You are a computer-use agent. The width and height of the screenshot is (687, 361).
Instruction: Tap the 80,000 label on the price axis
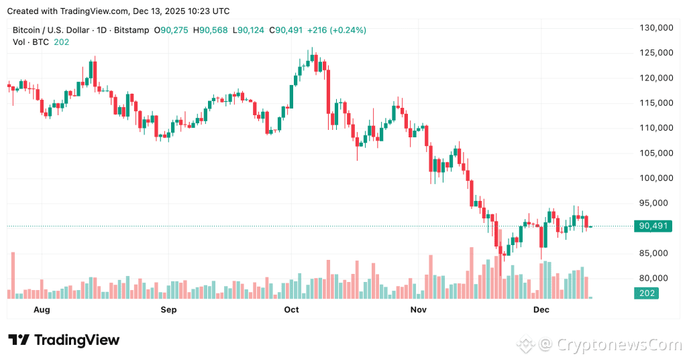click(656, 278)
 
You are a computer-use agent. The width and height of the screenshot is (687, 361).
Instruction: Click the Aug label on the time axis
click(42, 309)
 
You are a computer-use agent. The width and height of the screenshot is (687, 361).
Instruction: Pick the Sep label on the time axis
click(168, 309)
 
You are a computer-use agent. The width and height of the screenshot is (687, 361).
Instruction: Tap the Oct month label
click(291, 309)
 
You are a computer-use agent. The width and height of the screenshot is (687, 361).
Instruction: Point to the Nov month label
click(418, 309)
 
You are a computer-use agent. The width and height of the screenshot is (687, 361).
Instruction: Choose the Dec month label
click(541, 309)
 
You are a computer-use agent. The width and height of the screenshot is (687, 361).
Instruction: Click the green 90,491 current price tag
click(653, 226)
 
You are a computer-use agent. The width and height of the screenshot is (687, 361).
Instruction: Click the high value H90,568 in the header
click(211, 30)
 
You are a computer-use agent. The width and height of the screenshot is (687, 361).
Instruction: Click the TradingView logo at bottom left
click(64, 340)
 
